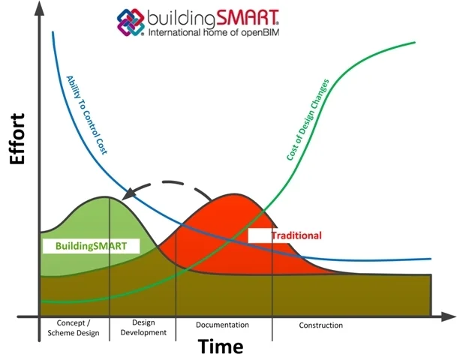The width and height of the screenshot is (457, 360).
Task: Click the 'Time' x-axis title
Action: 221,346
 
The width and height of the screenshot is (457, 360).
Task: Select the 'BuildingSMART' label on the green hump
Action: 86,246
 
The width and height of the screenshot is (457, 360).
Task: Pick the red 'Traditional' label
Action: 296,235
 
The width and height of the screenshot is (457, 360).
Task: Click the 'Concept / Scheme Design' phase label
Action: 74,328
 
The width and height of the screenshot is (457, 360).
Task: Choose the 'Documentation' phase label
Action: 222,325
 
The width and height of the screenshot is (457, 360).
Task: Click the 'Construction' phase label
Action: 320,325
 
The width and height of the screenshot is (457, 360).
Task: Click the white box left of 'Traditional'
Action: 258,235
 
